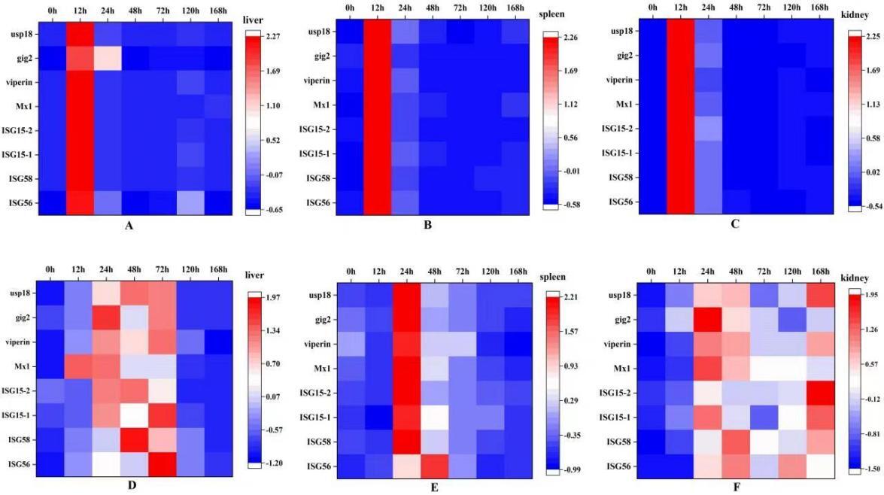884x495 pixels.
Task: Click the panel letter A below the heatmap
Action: click(x=129, y=226)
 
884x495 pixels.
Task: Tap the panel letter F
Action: click(x=736, y=487)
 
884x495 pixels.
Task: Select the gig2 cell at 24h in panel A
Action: click(x=108, y=58)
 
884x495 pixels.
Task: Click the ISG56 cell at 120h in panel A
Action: click(x=190, y=203)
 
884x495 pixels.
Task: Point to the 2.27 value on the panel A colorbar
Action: click(x=273, y=36)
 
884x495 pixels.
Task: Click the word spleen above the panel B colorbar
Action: click(x=552, y=14)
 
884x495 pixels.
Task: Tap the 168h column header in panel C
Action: click(x=819, y=8)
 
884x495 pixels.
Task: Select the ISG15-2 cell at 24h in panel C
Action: click(x=708, y=129)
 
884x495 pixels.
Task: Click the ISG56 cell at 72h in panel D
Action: click(x=163, y=465)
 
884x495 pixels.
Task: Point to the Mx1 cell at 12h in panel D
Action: click(x=78, y=366)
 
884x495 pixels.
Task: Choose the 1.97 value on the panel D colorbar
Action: click(x=273, y=297)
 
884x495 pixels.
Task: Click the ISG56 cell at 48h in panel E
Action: click(x=434, y=466)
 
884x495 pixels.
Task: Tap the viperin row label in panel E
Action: click(x=317, y=344)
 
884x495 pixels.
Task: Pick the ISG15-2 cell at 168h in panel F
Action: click(x=819, y=393)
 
